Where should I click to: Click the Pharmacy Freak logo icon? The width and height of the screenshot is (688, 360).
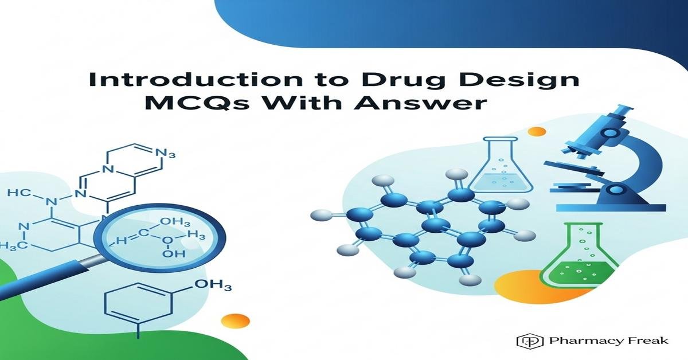[526, 341]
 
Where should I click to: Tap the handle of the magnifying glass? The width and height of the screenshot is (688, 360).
[52, 281]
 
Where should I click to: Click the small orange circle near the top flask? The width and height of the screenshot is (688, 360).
[537, 132]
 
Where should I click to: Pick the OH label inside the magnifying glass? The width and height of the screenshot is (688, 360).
[170, 253]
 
